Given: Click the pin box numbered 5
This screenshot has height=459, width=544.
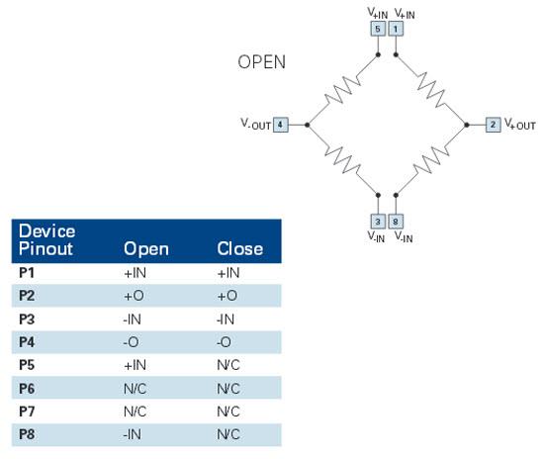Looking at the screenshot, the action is [378, 29].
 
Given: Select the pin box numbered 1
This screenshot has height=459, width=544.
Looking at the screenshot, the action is [396, 29].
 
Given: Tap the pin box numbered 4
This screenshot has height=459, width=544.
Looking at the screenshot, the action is [280, 125].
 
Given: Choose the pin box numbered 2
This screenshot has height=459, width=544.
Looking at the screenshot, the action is [493, 125].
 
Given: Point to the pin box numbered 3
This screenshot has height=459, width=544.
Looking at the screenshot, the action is [378, 222].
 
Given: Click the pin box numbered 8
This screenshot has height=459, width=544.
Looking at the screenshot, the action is [396, 222].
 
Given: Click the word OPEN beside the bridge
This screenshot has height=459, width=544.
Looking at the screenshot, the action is [261, 62].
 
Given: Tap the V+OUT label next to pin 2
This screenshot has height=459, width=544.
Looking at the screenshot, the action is [519, 125].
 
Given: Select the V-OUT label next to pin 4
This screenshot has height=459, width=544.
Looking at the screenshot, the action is [256, 125].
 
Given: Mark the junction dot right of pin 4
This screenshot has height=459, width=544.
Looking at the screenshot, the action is [307, 125].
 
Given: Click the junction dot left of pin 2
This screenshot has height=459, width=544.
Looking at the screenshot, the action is [467, 125].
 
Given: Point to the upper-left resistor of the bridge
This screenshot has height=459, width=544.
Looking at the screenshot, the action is [343, 89].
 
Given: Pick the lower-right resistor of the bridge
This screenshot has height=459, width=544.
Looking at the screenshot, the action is [431, 159].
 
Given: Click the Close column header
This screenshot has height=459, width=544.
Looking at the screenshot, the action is [239, 248].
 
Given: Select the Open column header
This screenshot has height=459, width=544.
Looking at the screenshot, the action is [146, 249].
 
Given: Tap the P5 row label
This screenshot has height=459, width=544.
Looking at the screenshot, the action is [27, 365].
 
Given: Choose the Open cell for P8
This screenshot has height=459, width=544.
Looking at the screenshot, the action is [133, 434].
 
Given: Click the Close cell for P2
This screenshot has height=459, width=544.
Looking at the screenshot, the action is [227, 296].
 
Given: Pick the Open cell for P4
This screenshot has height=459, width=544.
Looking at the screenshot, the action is [131, 342].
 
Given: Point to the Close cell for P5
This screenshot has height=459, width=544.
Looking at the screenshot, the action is [228, 365].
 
